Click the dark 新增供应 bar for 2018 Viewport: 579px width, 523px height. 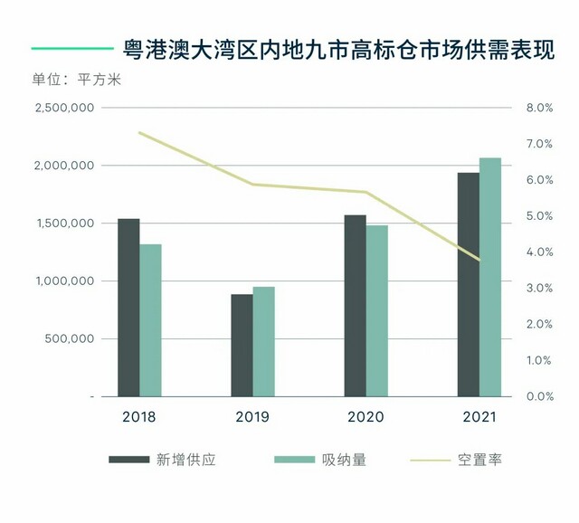tap(129, 308)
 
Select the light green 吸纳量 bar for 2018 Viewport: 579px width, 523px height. tap(150, 320)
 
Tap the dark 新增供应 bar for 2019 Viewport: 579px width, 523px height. tap(242, 346)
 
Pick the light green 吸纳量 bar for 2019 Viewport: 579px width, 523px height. tap(263, 342)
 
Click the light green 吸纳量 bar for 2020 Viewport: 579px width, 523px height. tap(376, 311)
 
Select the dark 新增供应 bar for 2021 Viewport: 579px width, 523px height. tap(468, 284)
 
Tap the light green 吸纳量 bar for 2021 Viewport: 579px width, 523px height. tap(489, 277)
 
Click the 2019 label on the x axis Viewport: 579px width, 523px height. tap(252, 417)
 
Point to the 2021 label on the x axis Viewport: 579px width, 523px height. tap(479, 417)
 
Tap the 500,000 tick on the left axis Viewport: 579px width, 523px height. tap(69, 339)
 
